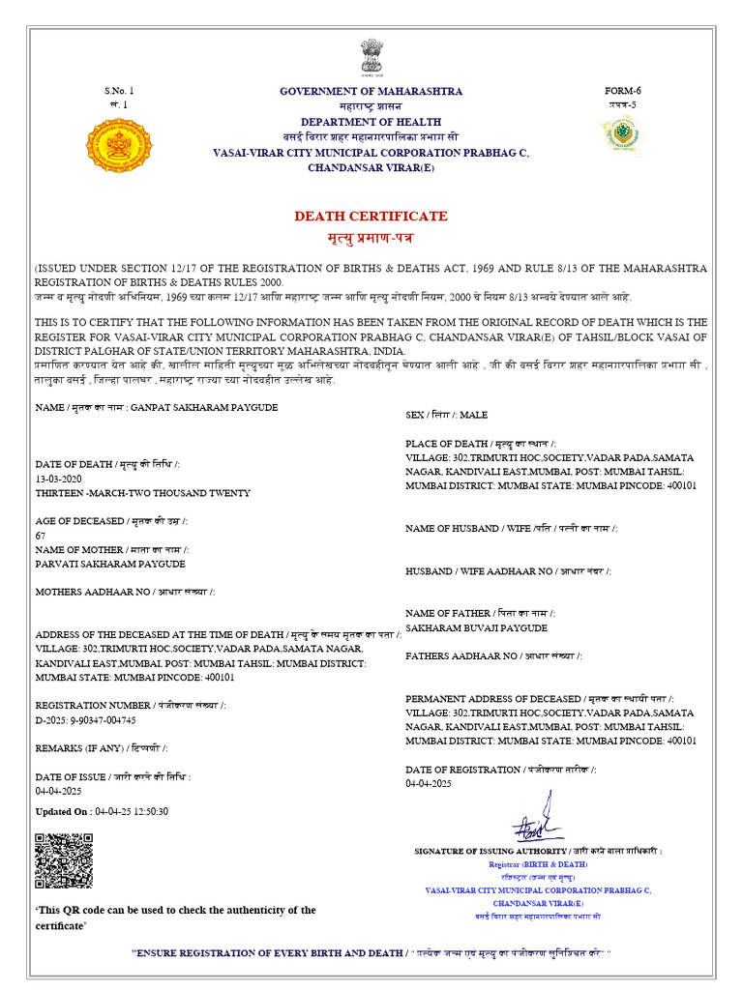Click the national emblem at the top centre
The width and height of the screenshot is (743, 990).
(371, 57)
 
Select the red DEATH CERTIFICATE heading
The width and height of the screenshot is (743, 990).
(371, 216)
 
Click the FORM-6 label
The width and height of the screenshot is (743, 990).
(622, 91)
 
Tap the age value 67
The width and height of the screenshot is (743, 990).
(41, 535)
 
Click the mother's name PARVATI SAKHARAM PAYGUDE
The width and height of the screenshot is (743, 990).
(110, 564)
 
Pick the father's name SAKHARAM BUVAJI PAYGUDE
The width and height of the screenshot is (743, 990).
(476, 628)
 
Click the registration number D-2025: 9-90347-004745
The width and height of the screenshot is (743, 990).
(86, 720)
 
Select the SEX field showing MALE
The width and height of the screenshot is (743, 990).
(447, 415)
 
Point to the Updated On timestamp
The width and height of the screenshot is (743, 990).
(102, 811)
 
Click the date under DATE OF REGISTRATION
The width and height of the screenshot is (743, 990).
(429, 784)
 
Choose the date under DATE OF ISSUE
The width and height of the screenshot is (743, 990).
(58, 791)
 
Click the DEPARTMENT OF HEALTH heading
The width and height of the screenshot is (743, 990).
(371, 122)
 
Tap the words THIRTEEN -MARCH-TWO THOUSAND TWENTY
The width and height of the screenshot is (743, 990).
(142, 493)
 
